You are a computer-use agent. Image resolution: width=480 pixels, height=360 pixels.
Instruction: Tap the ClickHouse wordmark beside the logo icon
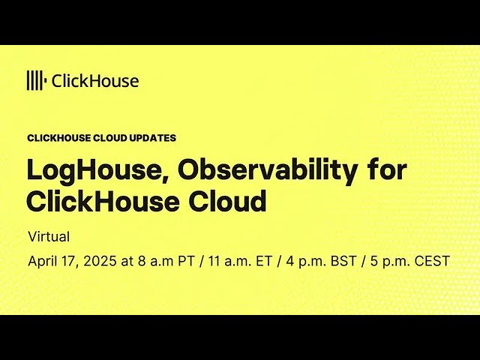coord(94,81)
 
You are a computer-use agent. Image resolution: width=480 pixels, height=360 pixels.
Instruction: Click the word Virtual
coord(49,237)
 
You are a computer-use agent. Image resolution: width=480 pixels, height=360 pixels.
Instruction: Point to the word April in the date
coord(42,262)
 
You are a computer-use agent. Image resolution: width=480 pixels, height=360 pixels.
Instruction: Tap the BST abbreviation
coord(341,262)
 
